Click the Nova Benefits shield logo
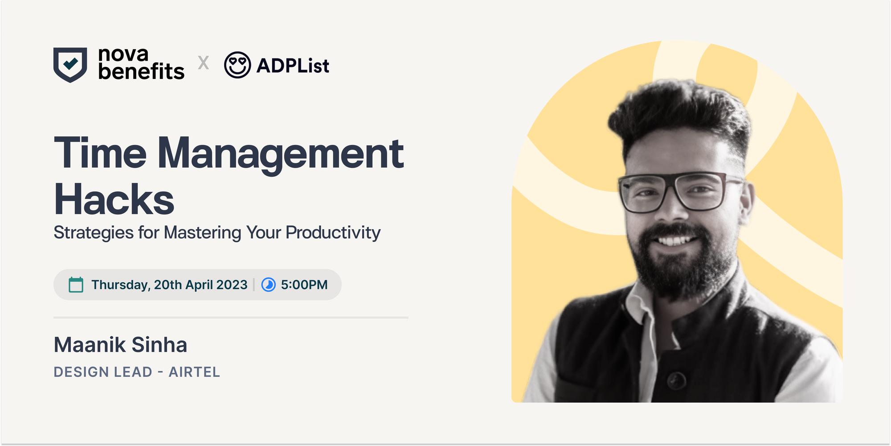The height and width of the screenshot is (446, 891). (x=70, y=65)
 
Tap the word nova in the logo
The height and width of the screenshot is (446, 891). (x=123, y=54)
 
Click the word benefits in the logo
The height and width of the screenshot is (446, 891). (x=141, y=71)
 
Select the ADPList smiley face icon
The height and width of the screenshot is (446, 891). (x=237, y=65)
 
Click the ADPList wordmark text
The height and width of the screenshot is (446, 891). (x=293, y=66)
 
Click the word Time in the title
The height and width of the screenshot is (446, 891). (x=100, y=153)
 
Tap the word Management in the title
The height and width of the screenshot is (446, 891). (x=281, y=154)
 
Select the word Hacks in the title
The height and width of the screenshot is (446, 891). (x=114, y=199)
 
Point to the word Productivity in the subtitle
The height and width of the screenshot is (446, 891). (x=333, y=232)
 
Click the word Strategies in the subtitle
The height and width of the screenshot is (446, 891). (x=94, y=233)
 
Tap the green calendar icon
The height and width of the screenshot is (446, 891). (x=76, y=285)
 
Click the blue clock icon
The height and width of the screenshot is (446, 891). (x=268, y=285)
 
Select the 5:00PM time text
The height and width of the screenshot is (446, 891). (x=304, y=285)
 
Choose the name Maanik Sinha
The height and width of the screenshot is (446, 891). (x=120, y=345)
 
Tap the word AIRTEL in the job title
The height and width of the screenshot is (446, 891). (x=194, y=372)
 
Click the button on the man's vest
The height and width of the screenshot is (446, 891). (x=677, y=380)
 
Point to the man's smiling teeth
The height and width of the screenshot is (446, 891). (x=675, y=241)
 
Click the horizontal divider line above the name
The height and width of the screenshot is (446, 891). (x=231, y=318)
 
